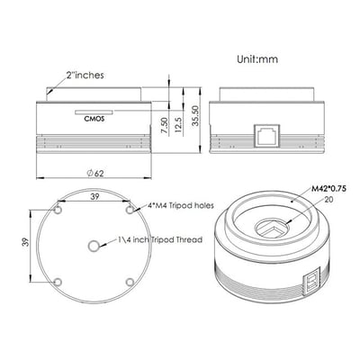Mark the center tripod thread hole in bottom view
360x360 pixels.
click(94, 245)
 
